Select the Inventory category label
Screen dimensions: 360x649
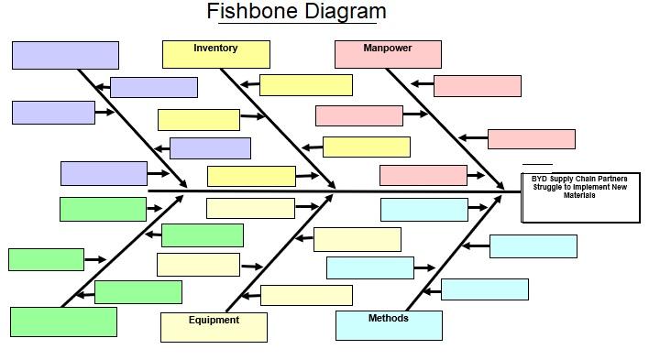[x=215, y=49]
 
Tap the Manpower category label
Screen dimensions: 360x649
[x=387, y=49]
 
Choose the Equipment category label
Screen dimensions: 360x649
[x=214, y=321]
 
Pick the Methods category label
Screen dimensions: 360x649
[x=389, y=319]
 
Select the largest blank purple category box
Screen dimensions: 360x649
[x=65, y=55]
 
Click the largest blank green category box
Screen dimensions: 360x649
[x=63, y=322]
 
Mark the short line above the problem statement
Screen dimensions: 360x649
[x=538, y=164]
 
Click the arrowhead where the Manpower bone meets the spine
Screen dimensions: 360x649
[x=500, y=186]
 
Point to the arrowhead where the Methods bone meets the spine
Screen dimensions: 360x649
[x=500, y=196]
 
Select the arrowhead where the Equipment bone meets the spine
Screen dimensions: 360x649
[x=332, y=197]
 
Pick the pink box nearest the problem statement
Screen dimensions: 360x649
[x=531, y=139]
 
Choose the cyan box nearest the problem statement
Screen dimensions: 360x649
[x=533, y=246]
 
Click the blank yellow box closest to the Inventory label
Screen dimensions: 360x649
[x=305, y=85]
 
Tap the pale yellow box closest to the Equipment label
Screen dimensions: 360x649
[x=306, y=295]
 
